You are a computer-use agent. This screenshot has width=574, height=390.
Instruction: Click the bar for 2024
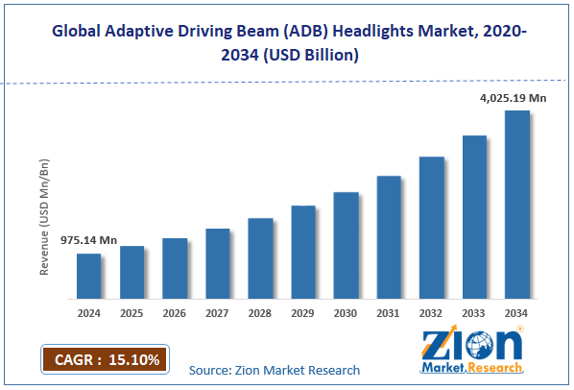89,277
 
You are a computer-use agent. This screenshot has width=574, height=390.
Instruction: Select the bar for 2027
218,264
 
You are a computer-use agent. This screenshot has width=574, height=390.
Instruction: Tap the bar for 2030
346,246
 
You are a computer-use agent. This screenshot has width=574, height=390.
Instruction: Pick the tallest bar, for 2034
517,205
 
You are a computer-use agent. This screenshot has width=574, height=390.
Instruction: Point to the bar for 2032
432,228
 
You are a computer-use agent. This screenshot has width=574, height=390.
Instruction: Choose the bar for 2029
303,253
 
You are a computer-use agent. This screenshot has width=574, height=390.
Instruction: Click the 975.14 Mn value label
89,241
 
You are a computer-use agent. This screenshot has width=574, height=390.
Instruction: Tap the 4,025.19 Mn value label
514,97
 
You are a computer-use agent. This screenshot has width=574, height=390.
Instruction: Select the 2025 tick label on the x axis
132,312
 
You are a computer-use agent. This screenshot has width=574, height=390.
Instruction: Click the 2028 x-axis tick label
261,312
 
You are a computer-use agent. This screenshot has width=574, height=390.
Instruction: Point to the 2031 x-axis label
389,312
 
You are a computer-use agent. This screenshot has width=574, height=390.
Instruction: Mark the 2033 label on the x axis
474,312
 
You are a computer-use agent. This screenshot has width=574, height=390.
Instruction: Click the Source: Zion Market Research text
275,370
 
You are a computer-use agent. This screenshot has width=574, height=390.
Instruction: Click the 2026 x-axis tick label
175,312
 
